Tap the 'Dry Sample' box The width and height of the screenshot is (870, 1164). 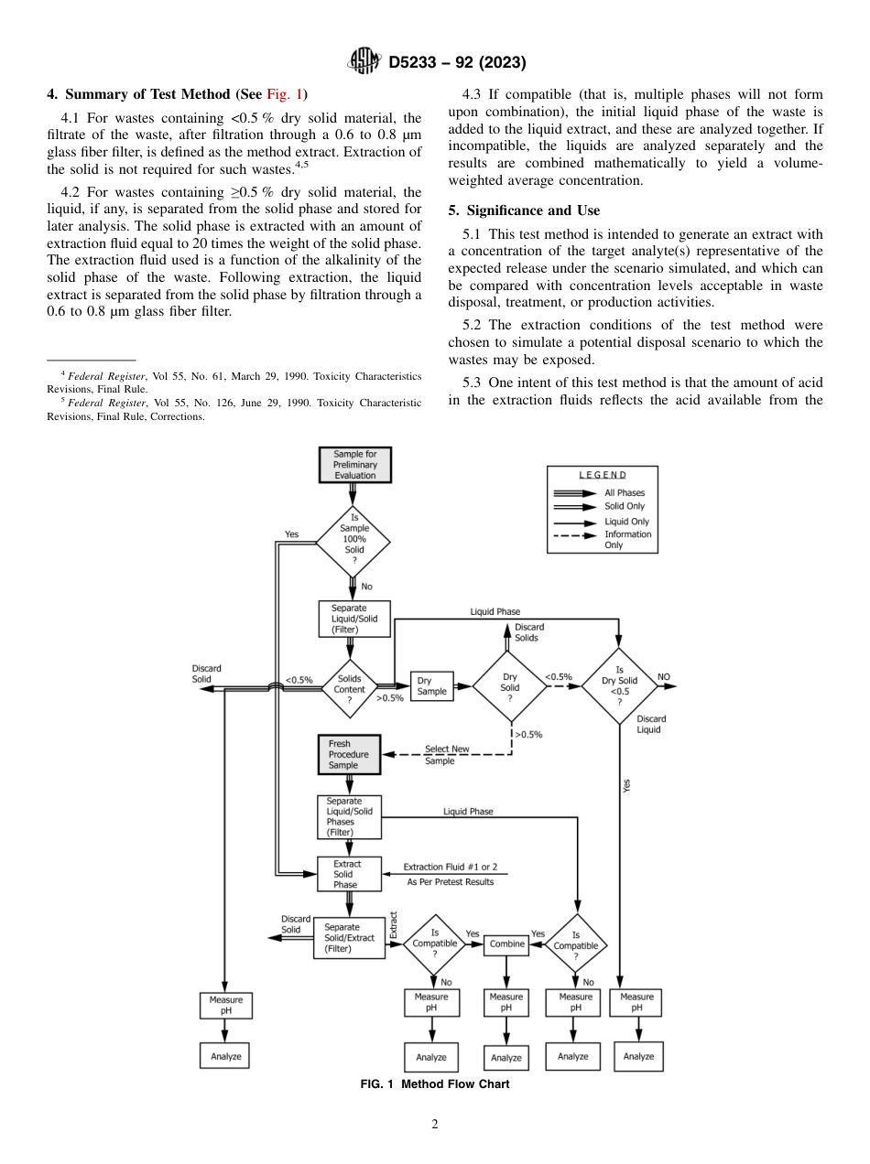click(x=431, y=686)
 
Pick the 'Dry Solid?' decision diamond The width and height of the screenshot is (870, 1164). click(x=509, y=685)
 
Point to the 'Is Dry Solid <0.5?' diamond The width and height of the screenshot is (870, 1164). click(x=620, y=686)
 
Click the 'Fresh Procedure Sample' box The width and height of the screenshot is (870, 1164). click(x=349, y=754)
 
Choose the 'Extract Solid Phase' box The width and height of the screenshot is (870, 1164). click(x=348, y=874)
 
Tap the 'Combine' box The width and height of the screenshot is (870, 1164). click(x=506, y=943)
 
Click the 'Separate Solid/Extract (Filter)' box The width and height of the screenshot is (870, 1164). click(x=348, y=938)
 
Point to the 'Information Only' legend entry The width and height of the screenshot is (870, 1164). click(x=627, y=540)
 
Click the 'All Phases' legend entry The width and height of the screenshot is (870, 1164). click(x=624, y=493)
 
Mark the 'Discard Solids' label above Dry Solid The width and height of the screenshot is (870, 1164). click(x=526, y=632)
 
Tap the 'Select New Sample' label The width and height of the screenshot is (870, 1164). click(x=446, y=754)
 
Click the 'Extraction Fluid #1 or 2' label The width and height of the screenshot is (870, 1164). click(x=450, y=867)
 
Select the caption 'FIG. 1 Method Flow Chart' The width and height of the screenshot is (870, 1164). click(x=435, y=1084)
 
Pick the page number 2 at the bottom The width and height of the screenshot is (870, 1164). click(x=435, y=1125)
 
